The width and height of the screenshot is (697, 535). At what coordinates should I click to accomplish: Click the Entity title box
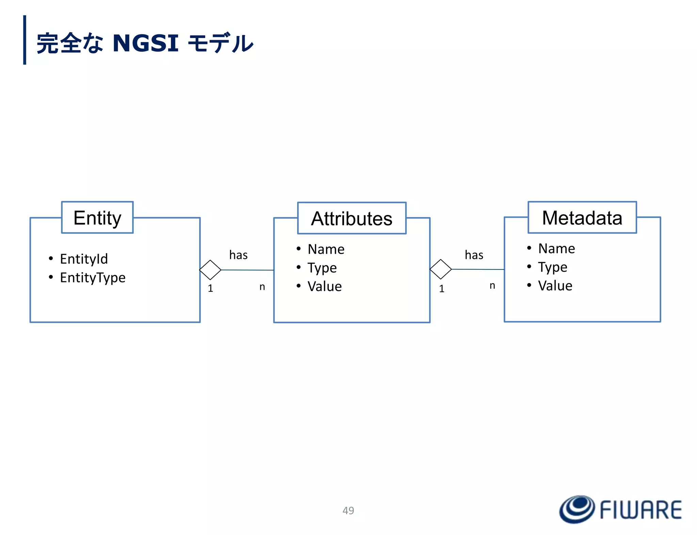[x=97, y=218]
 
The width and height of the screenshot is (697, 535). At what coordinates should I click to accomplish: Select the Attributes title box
[x=352, y=218]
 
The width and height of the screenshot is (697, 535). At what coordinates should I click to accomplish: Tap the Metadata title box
[x=582, y=218]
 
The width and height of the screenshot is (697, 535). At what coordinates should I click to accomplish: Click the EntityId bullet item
[x=84, y=259]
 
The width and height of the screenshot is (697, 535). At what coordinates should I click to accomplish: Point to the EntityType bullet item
[x=93, y=278]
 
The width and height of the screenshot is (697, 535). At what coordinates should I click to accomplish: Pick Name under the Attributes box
[x=326, y=249]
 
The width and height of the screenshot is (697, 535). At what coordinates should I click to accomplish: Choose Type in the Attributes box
[x=322, y=268]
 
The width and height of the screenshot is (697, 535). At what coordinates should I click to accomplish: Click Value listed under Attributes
[x=325, y=286]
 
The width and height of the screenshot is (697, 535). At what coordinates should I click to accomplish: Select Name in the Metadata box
[x=556, y=249]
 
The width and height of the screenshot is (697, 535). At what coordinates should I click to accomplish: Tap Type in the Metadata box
[x=553, y=267]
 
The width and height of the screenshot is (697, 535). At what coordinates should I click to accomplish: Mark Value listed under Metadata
[x=555, y=286]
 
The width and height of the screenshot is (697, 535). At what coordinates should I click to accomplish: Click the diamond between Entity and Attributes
[x=210, y=270]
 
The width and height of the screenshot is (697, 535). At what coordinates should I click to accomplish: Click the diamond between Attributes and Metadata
[x=441, y=269]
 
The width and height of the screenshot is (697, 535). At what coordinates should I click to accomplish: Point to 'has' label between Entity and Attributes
[x=238, y=255]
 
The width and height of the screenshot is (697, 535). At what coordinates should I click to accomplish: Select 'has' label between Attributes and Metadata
[x=474, y=255]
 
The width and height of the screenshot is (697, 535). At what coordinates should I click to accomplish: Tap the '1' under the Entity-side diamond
[x=210, y=288]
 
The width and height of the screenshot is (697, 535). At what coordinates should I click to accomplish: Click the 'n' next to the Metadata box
[x=492, y=286]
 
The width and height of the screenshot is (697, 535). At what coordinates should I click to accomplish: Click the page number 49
[x=348, y=511]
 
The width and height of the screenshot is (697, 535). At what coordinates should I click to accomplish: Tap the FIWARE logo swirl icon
[x=577, y=509]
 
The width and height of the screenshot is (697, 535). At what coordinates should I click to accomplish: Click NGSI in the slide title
[x=145, y=43]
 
